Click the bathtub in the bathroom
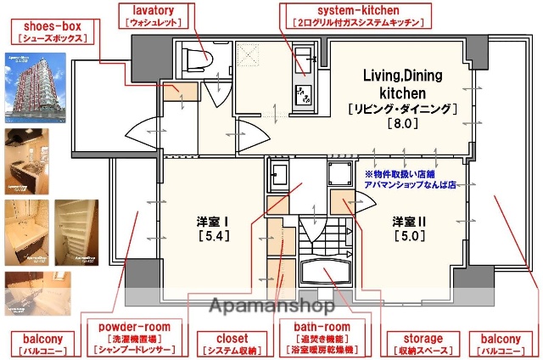tap(326, 276)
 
